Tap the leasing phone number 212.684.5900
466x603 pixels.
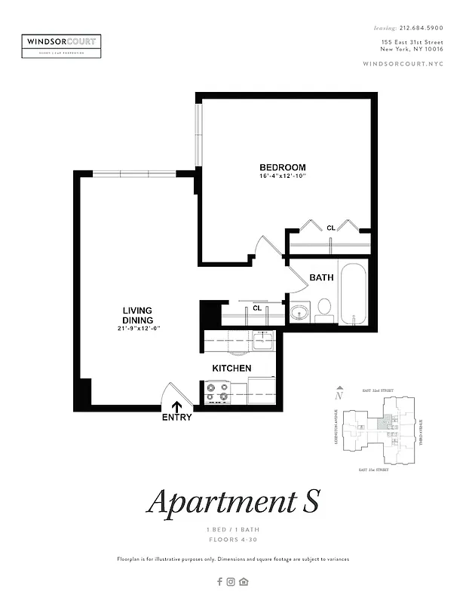[421, 27]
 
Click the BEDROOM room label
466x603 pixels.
[283, 167]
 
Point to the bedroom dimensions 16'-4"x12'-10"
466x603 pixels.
[283, 176]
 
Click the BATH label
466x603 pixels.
[321, 277]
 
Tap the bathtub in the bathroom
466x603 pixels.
[353, 294]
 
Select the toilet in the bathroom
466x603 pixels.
[324, 307]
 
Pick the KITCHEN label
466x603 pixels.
[231, 368]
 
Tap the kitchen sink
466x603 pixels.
[263, 343]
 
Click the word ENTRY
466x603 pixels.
[176, 418]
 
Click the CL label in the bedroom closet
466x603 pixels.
[330, 228]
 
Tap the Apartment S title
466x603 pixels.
[233, 502]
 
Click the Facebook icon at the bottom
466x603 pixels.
[219, 581]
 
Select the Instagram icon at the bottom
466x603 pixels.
[231, 581]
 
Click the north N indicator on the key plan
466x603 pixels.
[340, 393]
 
